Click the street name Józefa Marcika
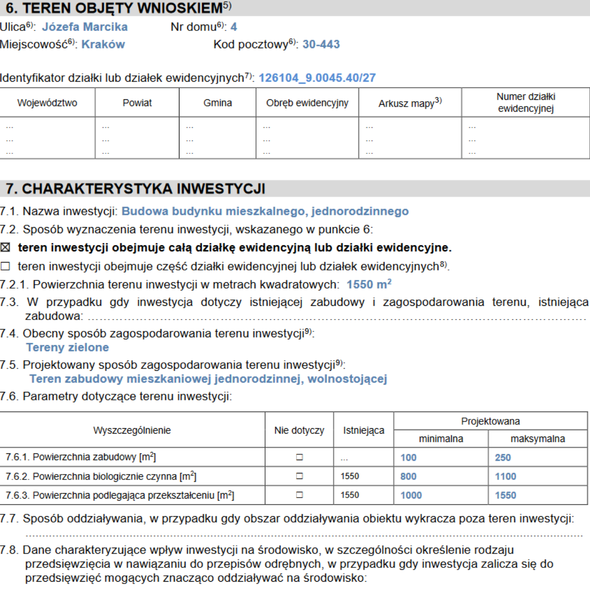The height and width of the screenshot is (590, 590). [x=85, y=27]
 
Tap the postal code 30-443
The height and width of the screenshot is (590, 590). [x=321, y=44]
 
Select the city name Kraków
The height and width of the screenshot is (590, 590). [x=103, y=44]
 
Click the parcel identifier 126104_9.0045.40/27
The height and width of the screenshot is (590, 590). [x=317, y=78]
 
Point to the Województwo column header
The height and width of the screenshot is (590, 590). [x=47, y=103]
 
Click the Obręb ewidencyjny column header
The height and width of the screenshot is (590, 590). [x=307, y=103]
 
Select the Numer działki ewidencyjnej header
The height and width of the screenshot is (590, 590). [x=526, y=102]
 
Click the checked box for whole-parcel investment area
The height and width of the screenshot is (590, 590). [x=5, y=247]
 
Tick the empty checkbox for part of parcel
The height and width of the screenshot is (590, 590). [x=5, y=266]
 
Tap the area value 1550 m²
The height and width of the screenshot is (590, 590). [x=369, y=285]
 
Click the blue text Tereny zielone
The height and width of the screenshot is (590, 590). [x=67, y=348]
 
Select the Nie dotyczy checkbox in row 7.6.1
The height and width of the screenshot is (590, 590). [x=299, y=457]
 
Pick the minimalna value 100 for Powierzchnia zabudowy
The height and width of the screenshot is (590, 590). [x=408, y=458]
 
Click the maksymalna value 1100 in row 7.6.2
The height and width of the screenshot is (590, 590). [x=505, y=476]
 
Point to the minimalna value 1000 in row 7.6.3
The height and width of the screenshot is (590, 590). [x=411, y=496]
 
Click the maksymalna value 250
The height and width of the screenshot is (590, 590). [x=502, y=458]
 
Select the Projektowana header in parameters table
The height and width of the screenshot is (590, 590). [x=490, y=421]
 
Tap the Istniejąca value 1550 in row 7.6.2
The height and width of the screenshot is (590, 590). [x=350, y=476]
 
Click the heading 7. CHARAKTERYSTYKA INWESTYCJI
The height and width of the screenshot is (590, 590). [x=136, y=189]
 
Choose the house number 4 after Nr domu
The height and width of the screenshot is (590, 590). [x=234, y=27]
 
